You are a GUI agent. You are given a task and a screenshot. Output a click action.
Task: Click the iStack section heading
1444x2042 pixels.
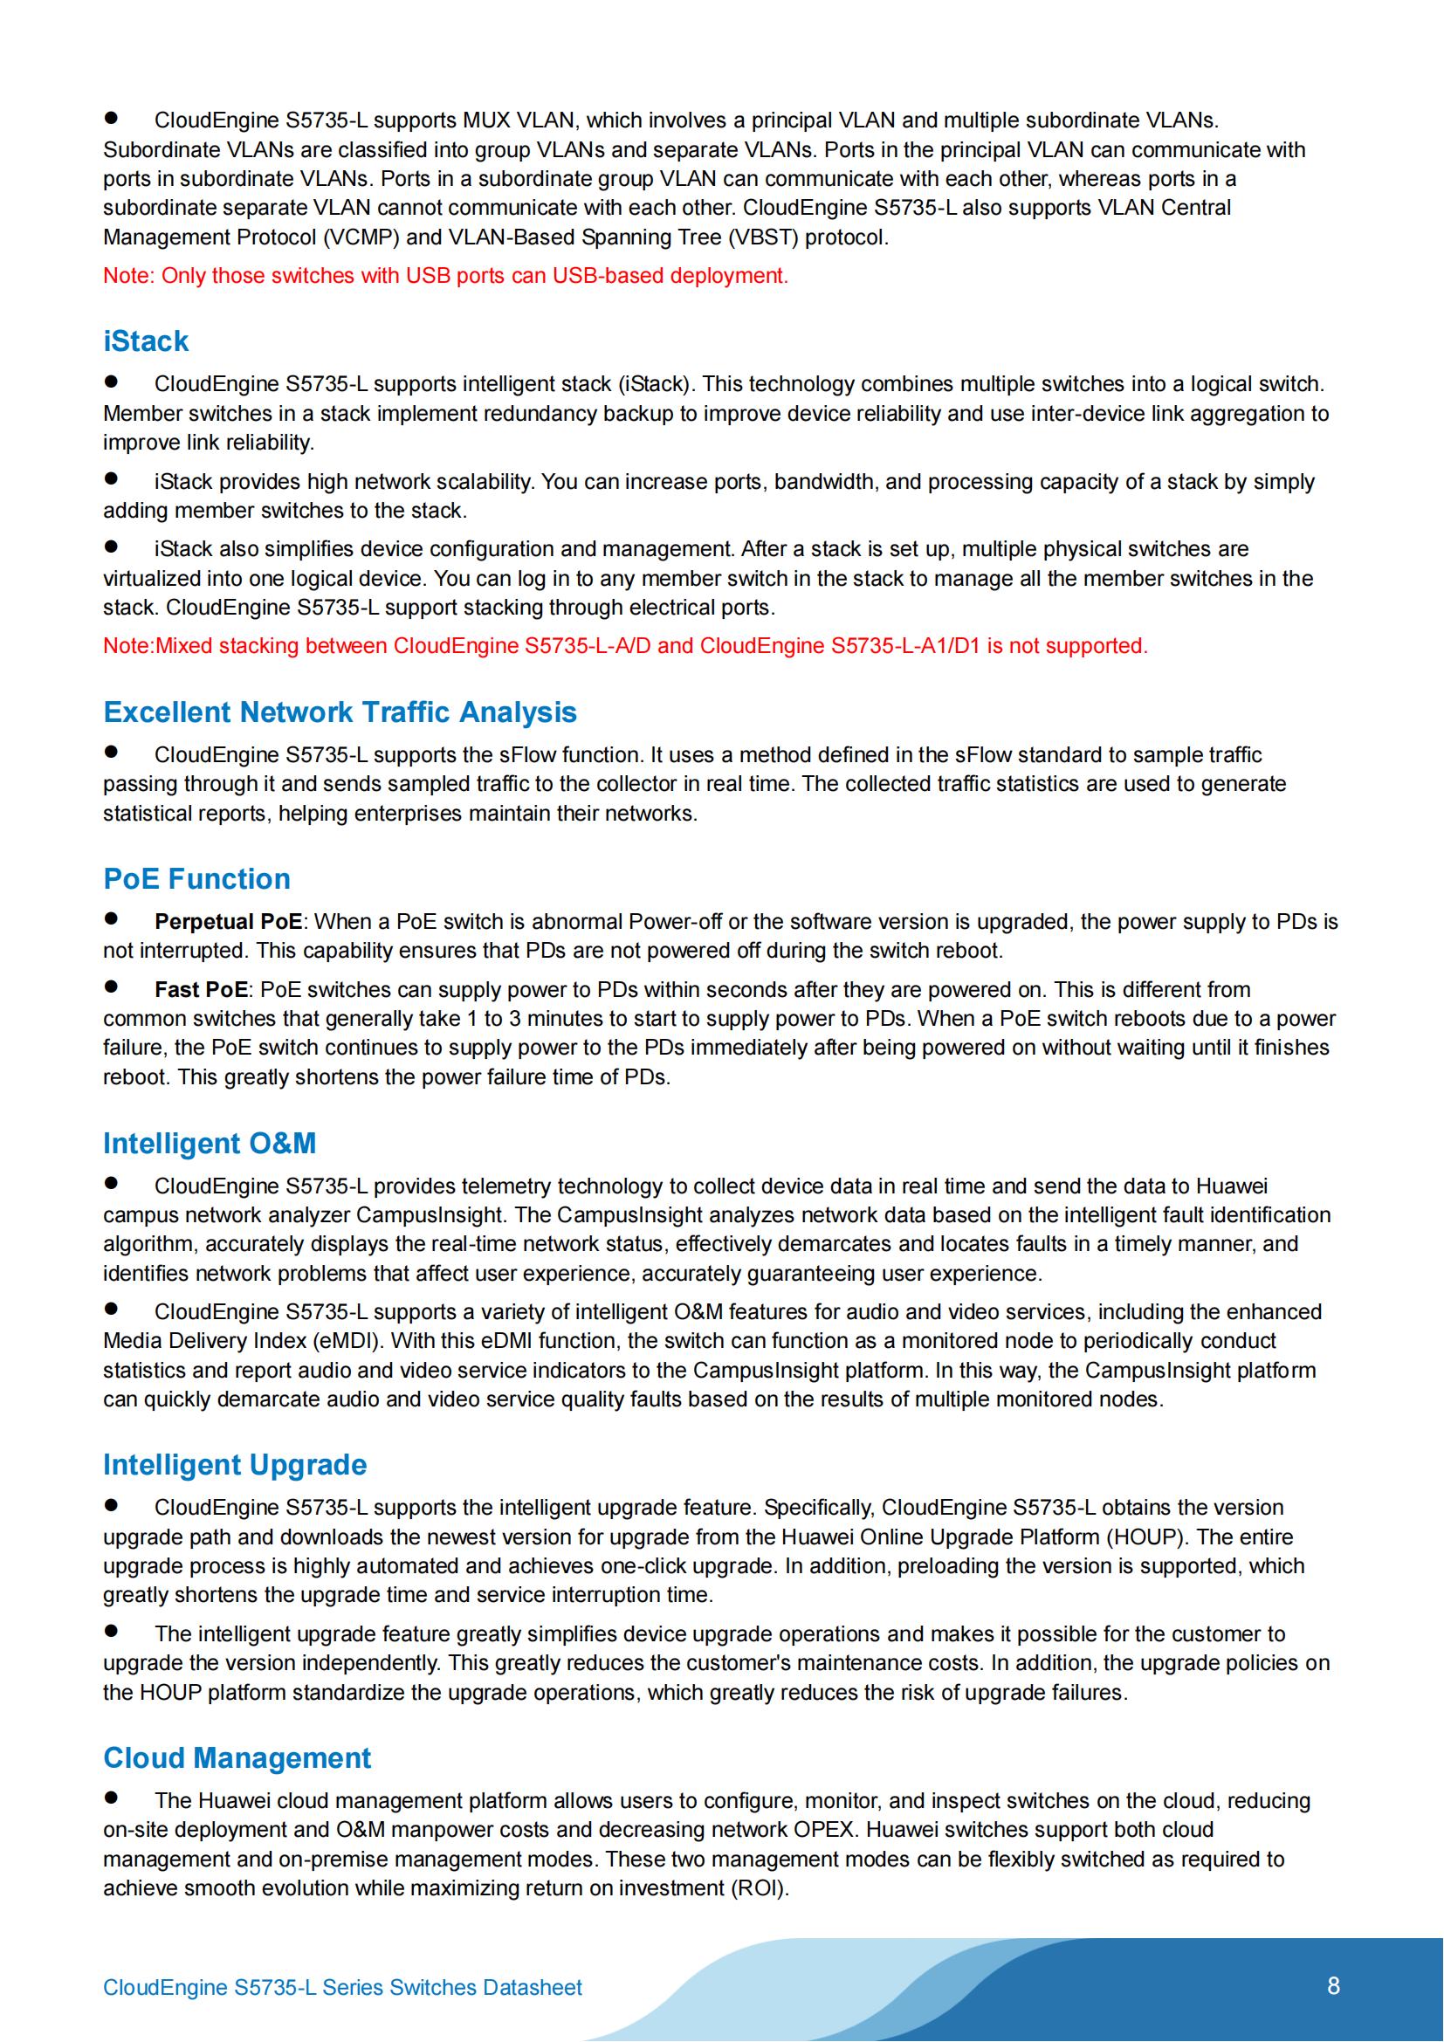click(146, 341)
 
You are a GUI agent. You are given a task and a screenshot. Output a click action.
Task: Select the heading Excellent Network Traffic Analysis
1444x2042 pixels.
click(340, 712)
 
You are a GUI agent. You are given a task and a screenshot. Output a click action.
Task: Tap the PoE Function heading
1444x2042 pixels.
click(196, 879)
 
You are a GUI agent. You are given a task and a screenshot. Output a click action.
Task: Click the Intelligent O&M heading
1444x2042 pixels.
click(209, 1143)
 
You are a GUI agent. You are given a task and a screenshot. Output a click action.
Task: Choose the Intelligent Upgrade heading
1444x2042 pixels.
click(235, 1465)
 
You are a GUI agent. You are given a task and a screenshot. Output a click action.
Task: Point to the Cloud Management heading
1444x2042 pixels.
click(237, 1758)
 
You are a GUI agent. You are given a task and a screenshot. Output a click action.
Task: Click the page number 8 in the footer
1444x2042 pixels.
click(1333, 1986)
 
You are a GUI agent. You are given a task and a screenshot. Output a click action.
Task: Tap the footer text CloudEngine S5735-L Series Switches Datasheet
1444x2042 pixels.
click(342, 1988)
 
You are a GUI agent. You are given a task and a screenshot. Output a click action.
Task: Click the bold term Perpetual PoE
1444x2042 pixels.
click(228, 921)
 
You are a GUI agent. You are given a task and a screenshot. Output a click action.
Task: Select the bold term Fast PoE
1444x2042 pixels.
click(200, 990)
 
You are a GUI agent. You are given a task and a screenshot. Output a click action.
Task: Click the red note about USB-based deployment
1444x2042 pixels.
click(445, 276)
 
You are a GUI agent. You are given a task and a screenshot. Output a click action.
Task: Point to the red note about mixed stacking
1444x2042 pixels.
click(625, 646)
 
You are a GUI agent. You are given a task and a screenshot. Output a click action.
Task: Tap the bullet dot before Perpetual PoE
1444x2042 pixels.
click(111, 918)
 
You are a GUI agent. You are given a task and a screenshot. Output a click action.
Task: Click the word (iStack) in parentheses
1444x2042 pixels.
click(655, 384)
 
